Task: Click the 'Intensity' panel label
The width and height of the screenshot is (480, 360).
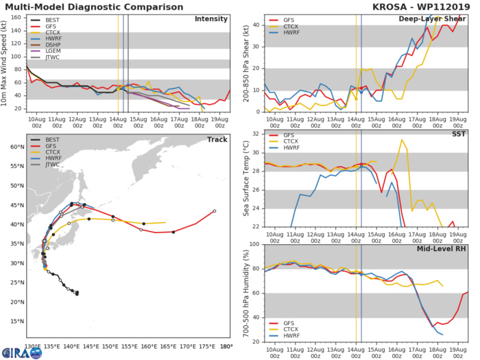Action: tap(211, 19)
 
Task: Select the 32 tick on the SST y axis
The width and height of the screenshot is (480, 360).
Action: tap(256, 133)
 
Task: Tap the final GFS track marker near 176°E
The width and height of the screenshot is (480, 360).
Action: tap(215, 211)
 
